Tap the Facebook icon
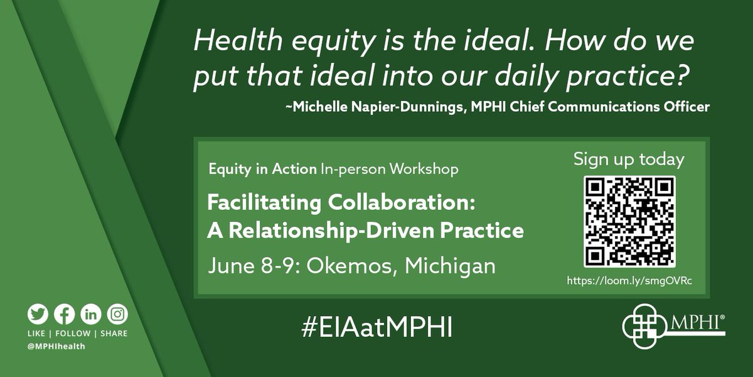tap(64, 314)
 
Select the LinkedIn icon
tap(90, 314)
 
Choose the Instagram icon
tap(117, 314)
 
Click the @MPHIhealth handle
tap(57, 347)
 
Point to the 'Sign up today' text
tap(629, 160)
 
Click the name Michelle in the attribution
tap(309, 107)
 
